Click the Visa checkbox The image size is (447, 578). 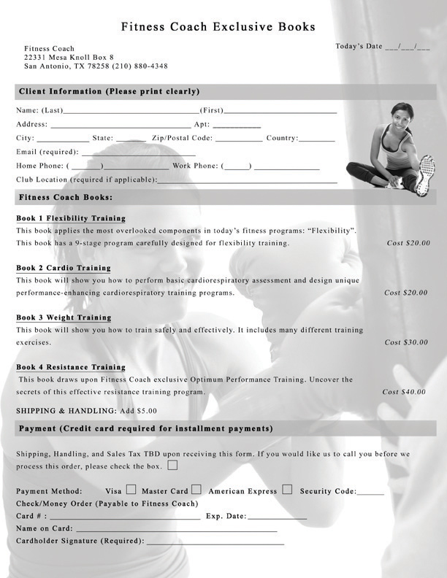click(131, 490)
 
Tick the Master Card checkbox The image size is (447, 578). click(196, 490)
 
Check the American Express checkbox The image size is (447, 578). click(287, 490)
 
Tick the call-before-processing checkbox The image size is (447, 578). click(172, 464)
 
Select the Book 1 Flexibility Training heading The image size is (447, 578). click(71, 218)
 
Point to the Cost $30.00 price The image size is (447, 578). click(406, 342)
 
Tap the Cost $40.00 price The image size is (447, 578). click(404, 392)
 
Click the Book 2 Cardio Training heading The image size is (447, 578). click(64, 268)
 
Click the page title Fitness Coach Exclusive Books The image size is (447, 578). click(218, 27)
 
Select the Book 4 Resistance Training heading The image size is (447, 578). click(71, 367)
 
